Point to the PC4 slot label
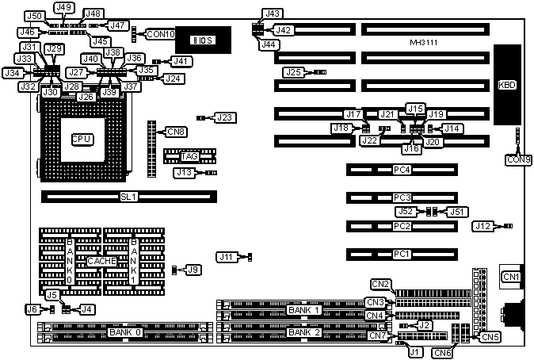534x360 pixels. (x=402, y=170)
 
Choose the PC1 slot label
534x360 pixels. (x=402, y=255)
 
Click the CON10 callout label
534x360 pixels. (x=160, y=34)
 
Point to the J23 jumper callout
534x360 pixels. (x=224, y=118)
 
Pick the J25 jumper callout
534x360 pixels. (x=294, y=72)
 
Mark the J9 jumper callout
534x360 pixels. (x=193, y=270)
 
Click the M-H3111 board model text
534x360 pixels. (x=427, y=41)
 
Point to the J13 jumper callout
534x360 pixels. (x=185, y=172)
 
